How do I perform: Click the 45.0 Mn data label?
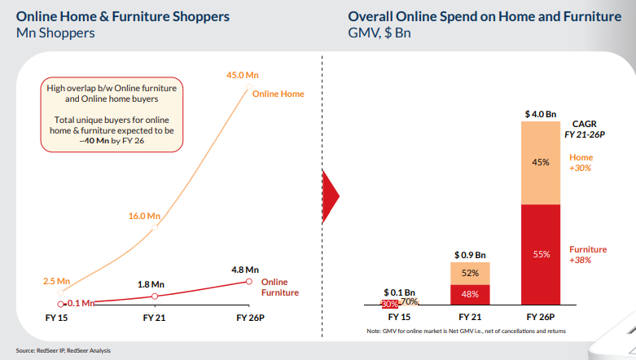[x=242, y=76]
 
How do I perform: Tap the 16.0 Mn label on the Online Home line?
[x=144, y=216]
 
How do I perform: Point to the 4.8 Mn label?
[x=245, y=269]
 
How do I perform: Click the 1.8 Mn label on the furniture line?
[x=151, y=284]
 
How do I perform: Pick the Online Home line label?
[x=278, y=94]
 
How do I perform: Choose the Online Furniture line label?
[x=280, y=287]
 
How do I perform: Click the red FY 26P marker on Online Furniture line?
[x=248, y=281]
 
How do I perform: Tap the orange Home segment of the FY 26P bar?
[x=540, y=162]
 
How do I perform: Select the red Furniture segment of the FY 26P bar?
[x=540, y=254]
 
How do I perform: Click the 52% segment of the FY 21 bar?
[x=470, y=273]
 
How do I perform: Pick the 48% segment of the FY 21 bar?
[x=470, y=294]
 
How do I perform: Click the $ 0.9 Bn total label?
[x=470, y=254]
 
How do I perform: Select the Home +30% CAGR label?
[x=581, y=162]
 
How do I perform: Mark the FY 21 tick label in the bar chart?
[x=470, y=316]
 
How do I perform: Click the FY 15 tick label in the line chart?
[x=56, y=316]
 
